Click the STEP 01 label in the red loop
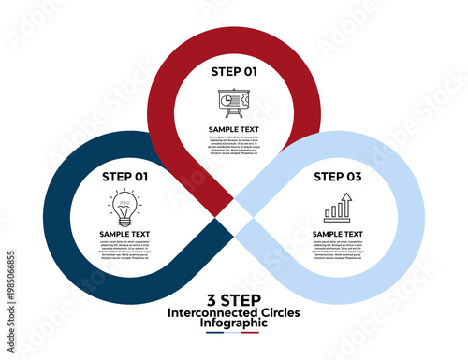(x=234, y=70)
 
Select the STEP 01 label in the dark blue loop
(x=124, y=176)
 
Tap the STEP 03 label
(x=338, y=175)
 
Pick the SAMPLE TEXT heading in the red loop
(x=233, y=129)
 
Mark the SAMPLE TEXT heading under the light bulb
(x=124, y=234)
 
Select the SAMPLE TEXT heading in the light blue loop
(x=338, y=234)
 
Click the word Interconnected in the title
(x=206, y=311)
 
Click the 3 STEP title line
(x=234, y=299)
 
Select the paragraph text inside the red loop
(x=233, y=145)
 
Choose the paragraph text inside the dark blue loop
(x=124, y=250)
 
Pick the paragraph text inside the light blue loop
(x=338, y=250)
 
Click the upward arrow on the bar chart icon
(x=345, y=199)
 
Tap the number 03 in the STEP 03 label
(x=353, y=175)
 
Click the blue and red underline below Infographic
(x=234, y=332)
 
